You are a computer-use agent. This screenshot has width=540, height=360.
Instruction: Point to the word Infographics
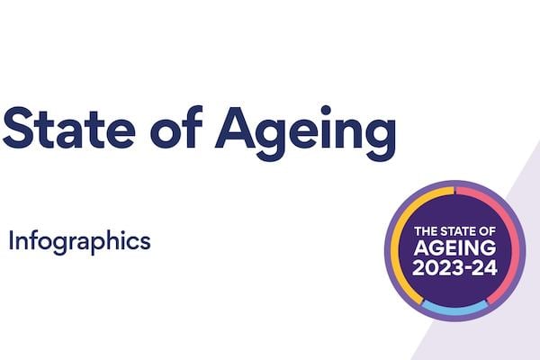pyautogui.click(x=78, y=241)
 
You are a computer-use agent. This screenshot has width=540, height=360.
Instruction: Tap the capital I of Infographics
pyautogui.click(x=11, y=240)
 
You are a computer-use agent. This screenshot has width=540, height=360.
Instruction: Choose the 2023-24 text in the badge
pyautogui.click(x=454, y=268)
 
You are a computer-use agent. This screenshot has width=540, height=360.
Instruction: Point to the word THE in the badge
pyautogui.click(x=424, y=232)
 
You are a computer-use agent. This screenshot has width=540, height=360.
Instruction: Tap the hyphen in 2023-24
pyautogui.click(x=469, y=269)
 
